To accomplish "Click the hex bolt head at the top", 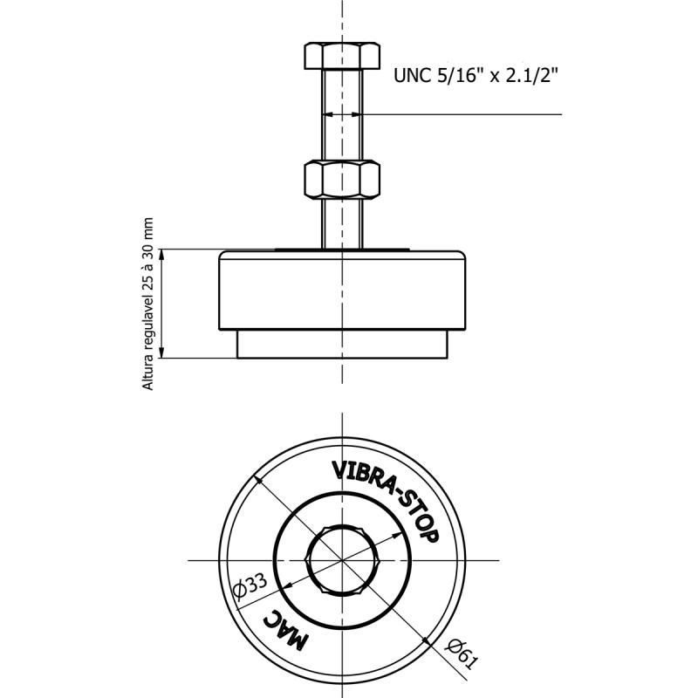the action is click(342, 56).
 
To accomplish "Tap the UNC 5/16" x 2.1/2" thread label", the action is click(476, 76).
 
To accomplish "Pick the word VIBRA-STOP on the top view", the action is click(387, 498).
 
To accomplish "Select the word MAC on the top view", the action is click(285, 629).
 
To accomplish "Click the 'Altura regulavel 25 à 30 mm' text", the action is click(147, 304).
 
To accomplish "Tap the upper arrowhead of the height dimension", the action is click(162, 254).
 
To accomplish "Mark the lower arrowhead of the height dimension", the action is click(162, 352).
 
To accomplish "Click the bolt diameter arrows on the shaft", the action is click(342, 114).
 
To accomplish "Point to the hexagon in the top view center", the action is click(342, 560).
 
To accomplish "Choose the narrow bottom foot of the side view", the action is click(342, 344).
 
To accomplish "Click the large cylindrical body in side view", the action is click(342, 291).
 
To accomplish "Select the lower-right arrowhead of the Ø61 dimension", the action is click(427, 641).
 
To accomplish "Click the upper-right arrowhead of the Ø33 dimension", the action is click(397, 535).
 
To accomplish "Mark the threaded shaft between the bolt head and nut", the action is click(342, 115).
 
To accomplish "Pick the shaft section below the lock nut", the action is click(342, 223).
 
